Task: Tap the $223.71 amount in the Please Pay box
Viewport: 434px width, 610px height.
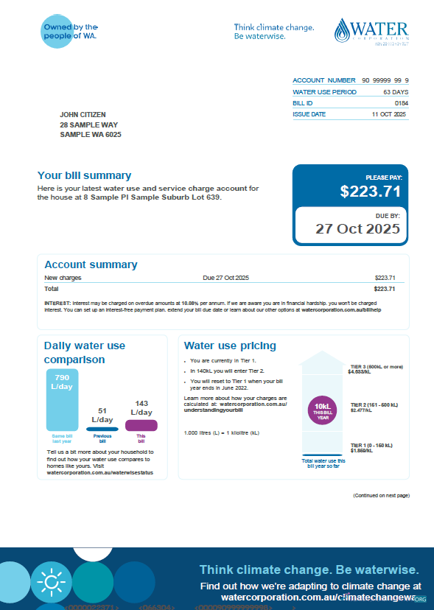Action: tap(370, 192)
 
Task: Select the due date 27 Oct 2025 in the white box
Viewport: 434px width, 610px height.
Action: tap(357, 228)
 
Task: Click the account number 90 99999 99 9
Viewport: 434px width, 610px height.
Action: tap(385, 80)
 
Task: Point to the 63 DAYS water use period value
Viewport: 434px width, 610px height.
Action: tap(396, 92)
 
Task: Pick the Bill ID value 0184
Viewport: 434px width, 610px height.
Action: tap(401, 103)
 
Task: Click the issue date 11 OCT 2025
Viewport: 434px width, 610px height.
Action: tap(389, 115)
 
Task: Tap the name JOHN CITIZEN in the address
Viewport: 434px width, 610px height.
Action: tap(83, 115)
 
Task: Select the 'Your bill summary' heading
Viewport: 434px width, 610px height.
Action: tap(84, 175)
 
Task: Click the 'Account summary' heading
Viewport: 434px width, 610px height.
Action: tap(91, 264)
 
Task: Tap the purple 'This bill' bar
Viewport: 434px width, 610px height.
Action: tap(141, 425)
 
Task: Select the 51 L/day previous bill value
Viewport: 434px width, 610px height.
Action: tap(102, 415)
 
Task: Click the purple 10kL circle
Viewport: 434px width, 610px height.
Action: tap(322, 410)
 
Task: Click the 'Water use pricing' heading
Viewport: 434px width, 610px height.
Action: tap(230, 346)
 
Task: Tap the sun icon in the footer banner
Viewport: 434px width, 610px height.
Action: tap(51, 583)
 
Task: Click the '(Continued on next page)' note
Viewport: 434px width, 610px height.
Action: tap(380, 496)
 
